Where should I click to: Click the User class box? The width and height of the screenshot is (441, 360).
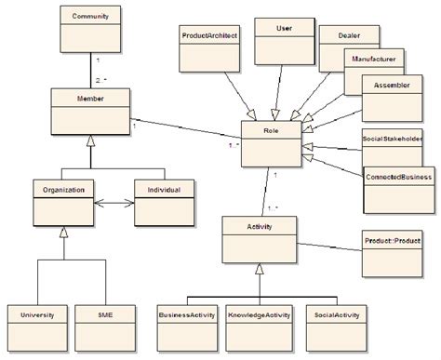click(x=284, y=43)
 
